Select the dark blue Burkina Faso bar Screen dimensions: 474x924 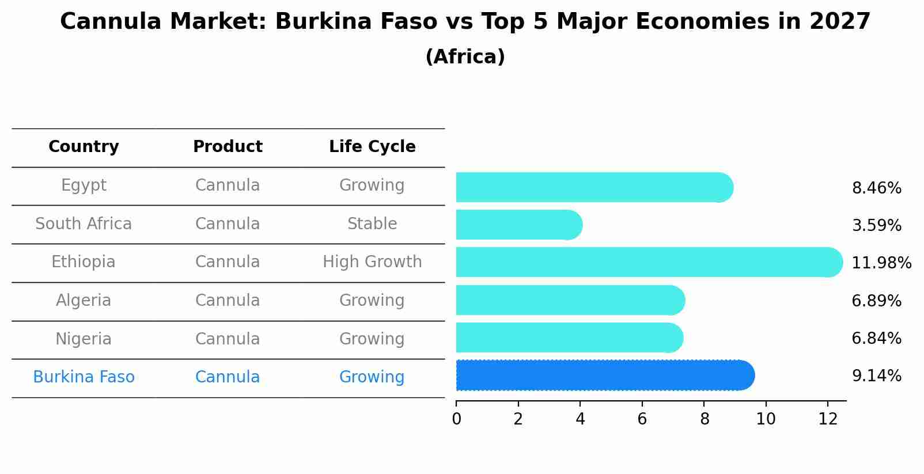coord(605,376)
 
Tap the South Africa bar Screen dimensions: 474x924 coord(518,225)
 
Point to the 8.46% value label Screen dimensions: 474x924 coord(876,188)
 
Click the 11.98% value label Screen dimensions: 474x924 coord(881,263)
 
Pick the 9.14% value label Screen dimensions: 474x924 coord(876,376)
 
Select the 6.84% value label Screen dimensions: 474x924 coord(876,339)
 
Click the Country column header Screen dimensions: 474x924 coord(84,147)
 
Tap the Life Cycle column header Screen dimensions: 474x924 coord(372,147)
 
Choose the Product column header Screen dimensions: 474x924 coord(228,147)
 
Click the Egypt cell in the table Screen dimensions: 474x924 coord(84,185)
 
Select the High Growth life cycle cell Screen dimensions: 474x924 coord(372,262)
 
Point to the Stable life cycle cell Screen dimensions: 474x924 coord(372,224)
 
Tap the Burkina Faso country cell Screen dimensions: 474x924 coord(84,377)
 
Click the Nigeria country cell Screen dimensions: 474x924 coord(84,339)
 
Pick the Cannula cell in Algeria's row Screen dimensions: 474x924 coord(228,301)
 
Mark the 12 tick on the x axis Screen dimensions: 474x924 coord(828,419)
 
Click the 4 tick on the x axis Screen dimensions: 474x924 coord(580,419)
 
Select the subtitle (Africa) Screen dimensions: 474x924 coord(465,57)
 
